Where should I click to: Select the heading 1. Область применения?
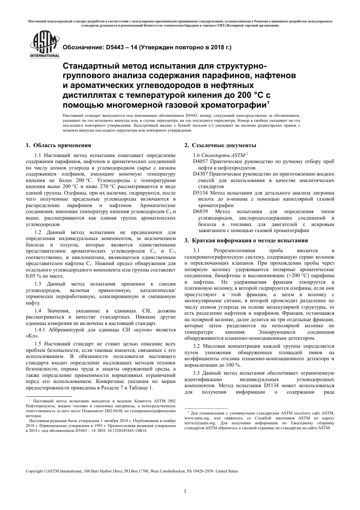[x=58, y=145]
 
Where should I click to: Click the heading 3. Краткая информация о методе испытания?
[x=246, y=240]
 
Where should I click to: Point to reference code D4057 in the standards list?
[x=200, y=162]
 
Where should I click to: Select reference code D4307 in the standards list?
[x=200, y=174]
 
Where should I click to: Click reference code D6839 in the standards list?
[x=200, y=212]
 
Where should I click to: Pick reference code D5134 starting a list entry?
[x=200, y=193]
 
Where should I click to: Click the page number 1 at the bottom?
[x=185, y=492]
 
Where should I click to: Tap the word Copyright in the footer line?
[x=34, y=471]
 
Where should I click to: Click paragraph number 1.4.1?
[x=41, y=330]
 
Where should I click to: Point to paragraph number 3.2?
[x=196, y=346]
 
